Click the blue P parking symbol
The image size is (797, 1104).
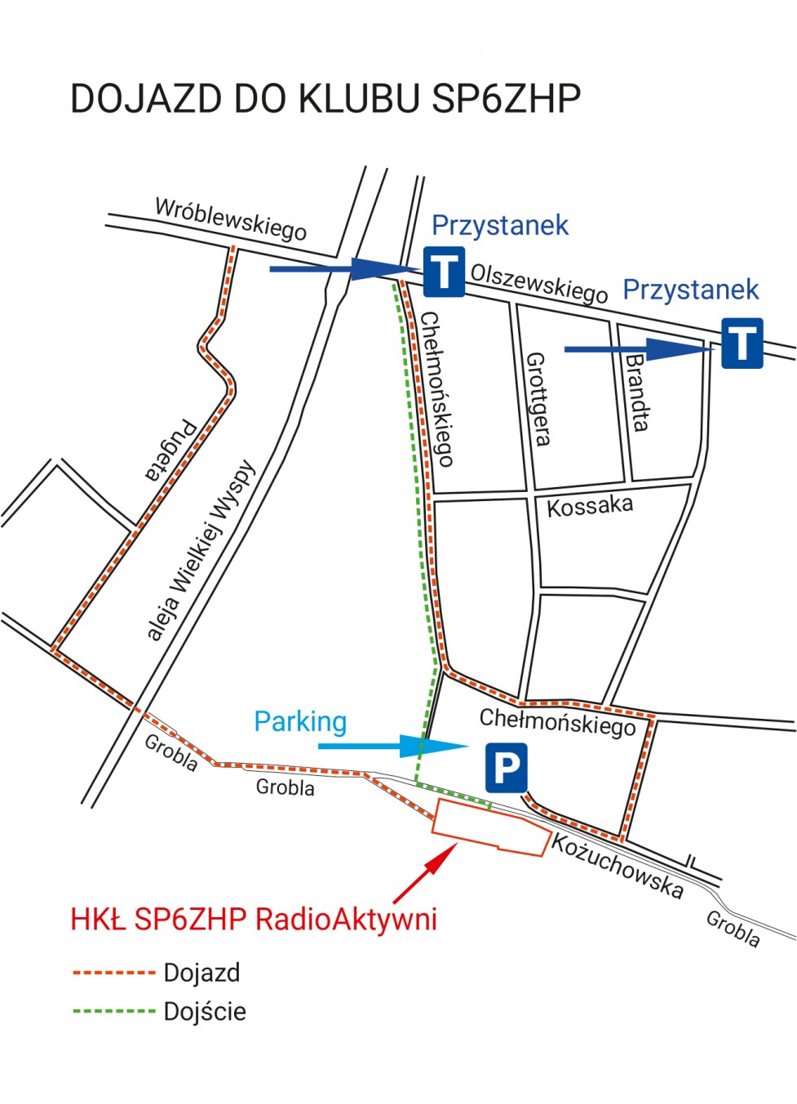(x=506, y=767)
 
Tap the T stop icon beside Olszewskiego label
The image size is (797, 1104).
(x=444, y=272)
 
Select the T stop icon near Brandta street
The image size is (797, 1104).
(x=742, y=343)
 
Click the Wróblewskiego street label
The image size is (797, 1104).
(x=231, y=219)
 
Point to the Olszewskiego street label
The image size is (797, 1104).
(x=539, y=282)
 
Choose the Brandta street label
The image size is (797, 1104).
(x=637, y=392)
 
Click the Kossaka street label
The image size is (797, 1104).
(x=589, y=506)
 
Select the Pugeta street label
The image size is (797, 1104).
(x=170, y=450)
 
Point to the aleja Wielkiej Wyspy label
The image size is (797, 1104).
(x=201, y=552)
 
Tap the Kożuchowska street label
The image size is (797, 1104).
(x=617, y=867)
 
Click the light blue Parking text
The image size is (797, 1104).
(x=300, y=721)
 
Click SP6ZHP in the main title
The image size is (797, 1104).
(x=506, y=99)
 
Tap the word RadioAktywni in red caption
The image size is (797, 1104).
(x=346, y=919)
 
